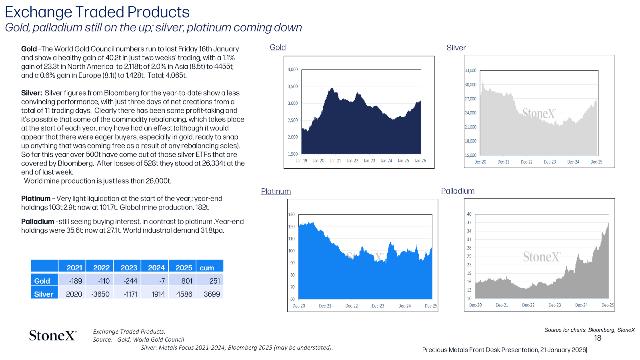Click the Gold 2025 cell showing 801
(182, 280)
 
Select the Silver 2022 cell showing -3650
(100, 294)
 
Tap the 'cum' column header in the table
(210, 266)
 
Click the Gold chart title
(278, 48)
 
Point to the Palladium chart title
(458, 191)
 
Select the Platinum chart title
(276, 192)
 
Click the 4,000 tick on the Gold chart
(292, 70)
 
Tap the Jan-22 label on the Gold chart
(352, 160)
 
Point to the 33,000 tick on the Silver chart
(470, 70)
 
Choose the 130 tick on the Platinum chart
(291, 214)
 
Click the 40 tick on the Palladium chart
(469, 214)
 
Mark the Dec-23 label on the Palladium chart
(554, 305)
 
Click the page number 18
(598, 338)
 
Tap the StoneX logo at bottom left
(53, 336)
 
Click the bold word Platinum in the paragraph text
(36, 198)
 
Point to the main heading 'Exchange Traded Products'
(97, 12)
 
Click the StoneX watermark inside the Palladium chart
(542, 256)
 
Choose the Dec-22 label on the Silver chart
(526, 162)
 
